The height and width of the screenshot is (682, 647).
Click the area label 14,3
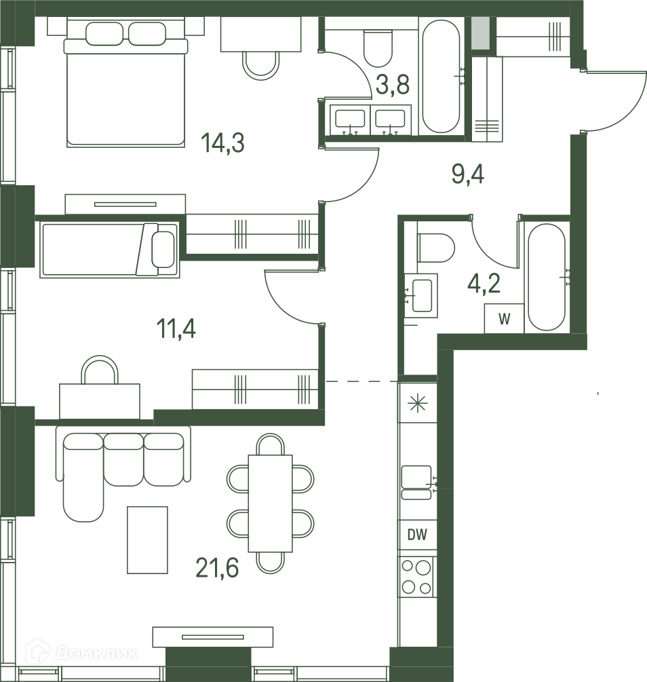click(x=222, y=143)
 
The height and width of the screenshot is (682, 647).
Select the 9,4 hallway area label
click(x=468, y=175)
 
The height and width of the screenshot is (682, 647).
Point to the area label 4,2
click(x=484, y=284)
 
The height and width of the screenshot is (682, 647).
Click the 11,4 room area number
click(x=176, y=328)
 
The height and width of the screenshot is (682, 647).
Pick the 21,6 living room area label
click(x=218, y=567)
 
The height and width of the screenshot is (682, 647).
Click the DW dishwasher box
click(x=417, y=535)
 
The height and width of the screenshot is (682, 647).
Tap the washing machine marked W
click(x=505, y=319)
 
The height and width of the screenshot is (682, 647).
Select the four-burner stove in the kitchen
click(x=417, y=577)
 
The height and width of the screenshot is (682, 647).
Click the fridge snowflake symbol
click(x=417, y=404)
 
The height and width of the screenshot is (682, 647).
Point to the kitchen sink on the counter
click(x=416, y=482)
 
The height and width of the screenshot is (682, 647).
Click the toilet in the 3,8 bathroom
click(x=378, y=48)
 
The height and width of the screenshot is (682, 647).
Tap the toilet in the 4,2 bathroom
click(x=435, y=248)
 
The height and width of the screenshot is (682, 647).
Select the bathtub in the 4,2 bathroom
click(x=547, y=278)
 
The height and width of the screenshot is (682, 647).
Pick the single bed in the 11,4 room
click(x=110, y=250)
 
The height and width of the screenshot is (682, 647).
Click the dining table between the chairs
click(x=270, y=504)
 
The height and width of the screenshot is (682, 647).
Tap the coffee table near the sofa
click(x=147, y=539)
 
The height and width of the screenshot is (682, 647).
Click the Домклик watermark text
click(x=96, y=653)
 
